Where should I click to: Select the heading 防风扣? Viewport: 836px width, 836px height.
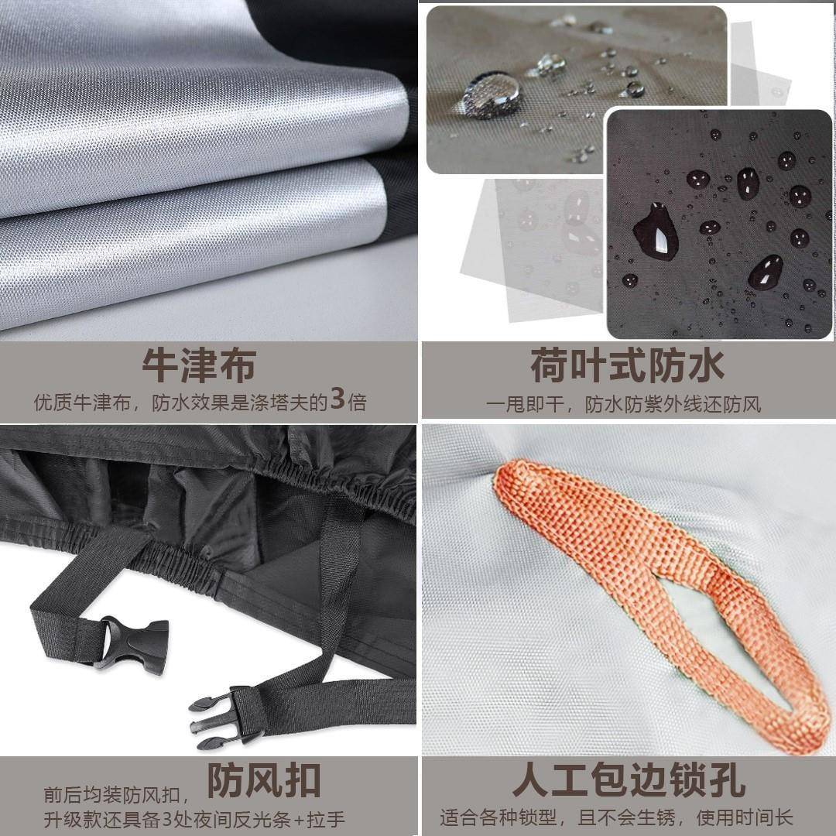(264, 781)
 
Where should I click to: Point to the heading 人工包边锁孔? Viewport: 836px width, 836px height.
(629, 781)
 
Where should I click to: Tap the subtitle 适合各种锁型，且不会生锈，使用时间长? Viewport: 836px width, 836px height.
(617, 817)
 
